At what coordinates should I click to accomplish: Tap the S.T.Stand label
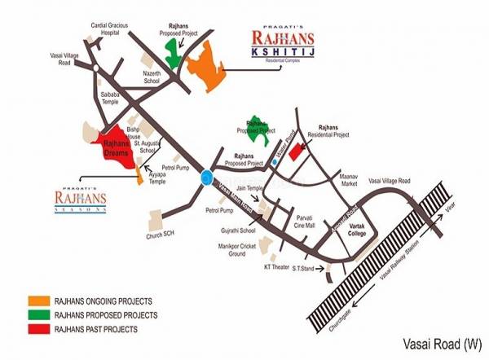click(305, 268)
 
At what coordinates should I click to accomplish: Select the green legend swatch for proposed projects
click(39, 314)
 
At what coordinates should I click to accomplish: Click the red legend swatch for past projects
click(39, 329)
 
